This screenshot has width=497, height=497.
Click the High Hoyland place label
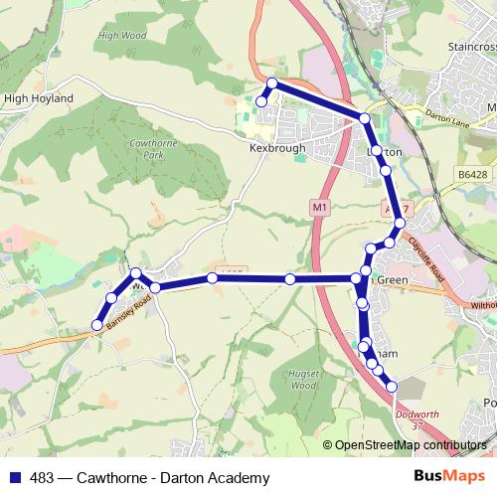click(x=39, y=99)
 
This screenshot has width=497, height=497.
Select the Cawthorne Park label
click(x=145, y=149)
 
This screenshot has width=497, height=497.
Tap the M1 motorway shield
click(x=318, y=207)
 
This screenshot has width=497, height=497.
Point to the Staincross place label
click(x=471, y=47)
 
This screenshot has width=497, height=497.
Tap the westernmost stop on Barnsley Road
click(x=97, y=325)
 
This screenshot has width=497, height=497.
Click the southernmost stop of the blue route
click(x=392, y=386)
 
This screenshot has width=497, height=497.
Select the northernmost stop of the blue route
click(x=271, y=83)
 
